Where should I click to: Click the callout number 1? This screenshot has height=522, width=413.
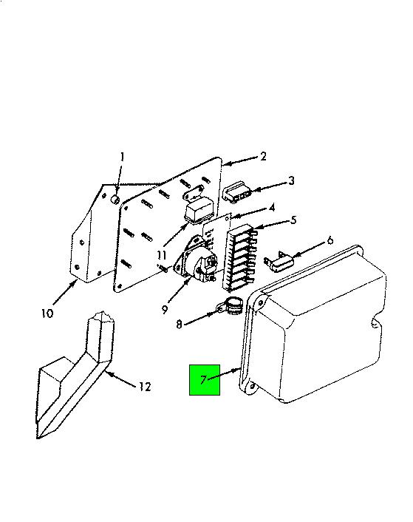point(123,157)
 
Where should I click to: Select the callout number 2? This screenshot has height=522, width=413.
point(263,156)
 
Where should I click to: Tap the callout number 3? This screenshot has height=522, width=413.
point(291,180)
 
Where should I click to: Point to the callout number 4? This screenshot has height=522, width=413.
point(272,208)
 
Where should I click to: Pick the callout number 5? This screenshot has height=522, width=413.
point(293,220)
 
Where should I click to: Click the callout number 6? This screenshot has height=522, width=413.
point(330,240)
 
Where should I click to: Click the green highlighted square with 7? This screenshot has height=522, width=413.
point(205,380)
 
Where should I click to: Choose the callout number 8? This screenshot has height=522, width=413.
point(180,324)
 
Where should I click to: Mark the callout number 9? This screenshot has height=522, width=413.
point(165,310)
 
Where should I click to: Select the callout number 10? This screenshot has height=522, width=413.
point(47,313)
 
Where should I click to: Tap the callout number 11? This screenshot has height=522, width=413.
point(162,256)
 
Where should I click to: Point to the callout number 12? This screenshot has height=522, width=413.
point(145,387)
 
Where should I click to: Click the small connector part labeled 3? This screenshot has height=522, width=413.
point(237,191)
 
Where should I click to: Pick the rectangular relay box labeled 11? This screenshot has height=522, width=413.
point(198,211)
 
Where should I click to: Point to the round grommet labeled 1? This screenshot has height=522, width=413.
point(115,200)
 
